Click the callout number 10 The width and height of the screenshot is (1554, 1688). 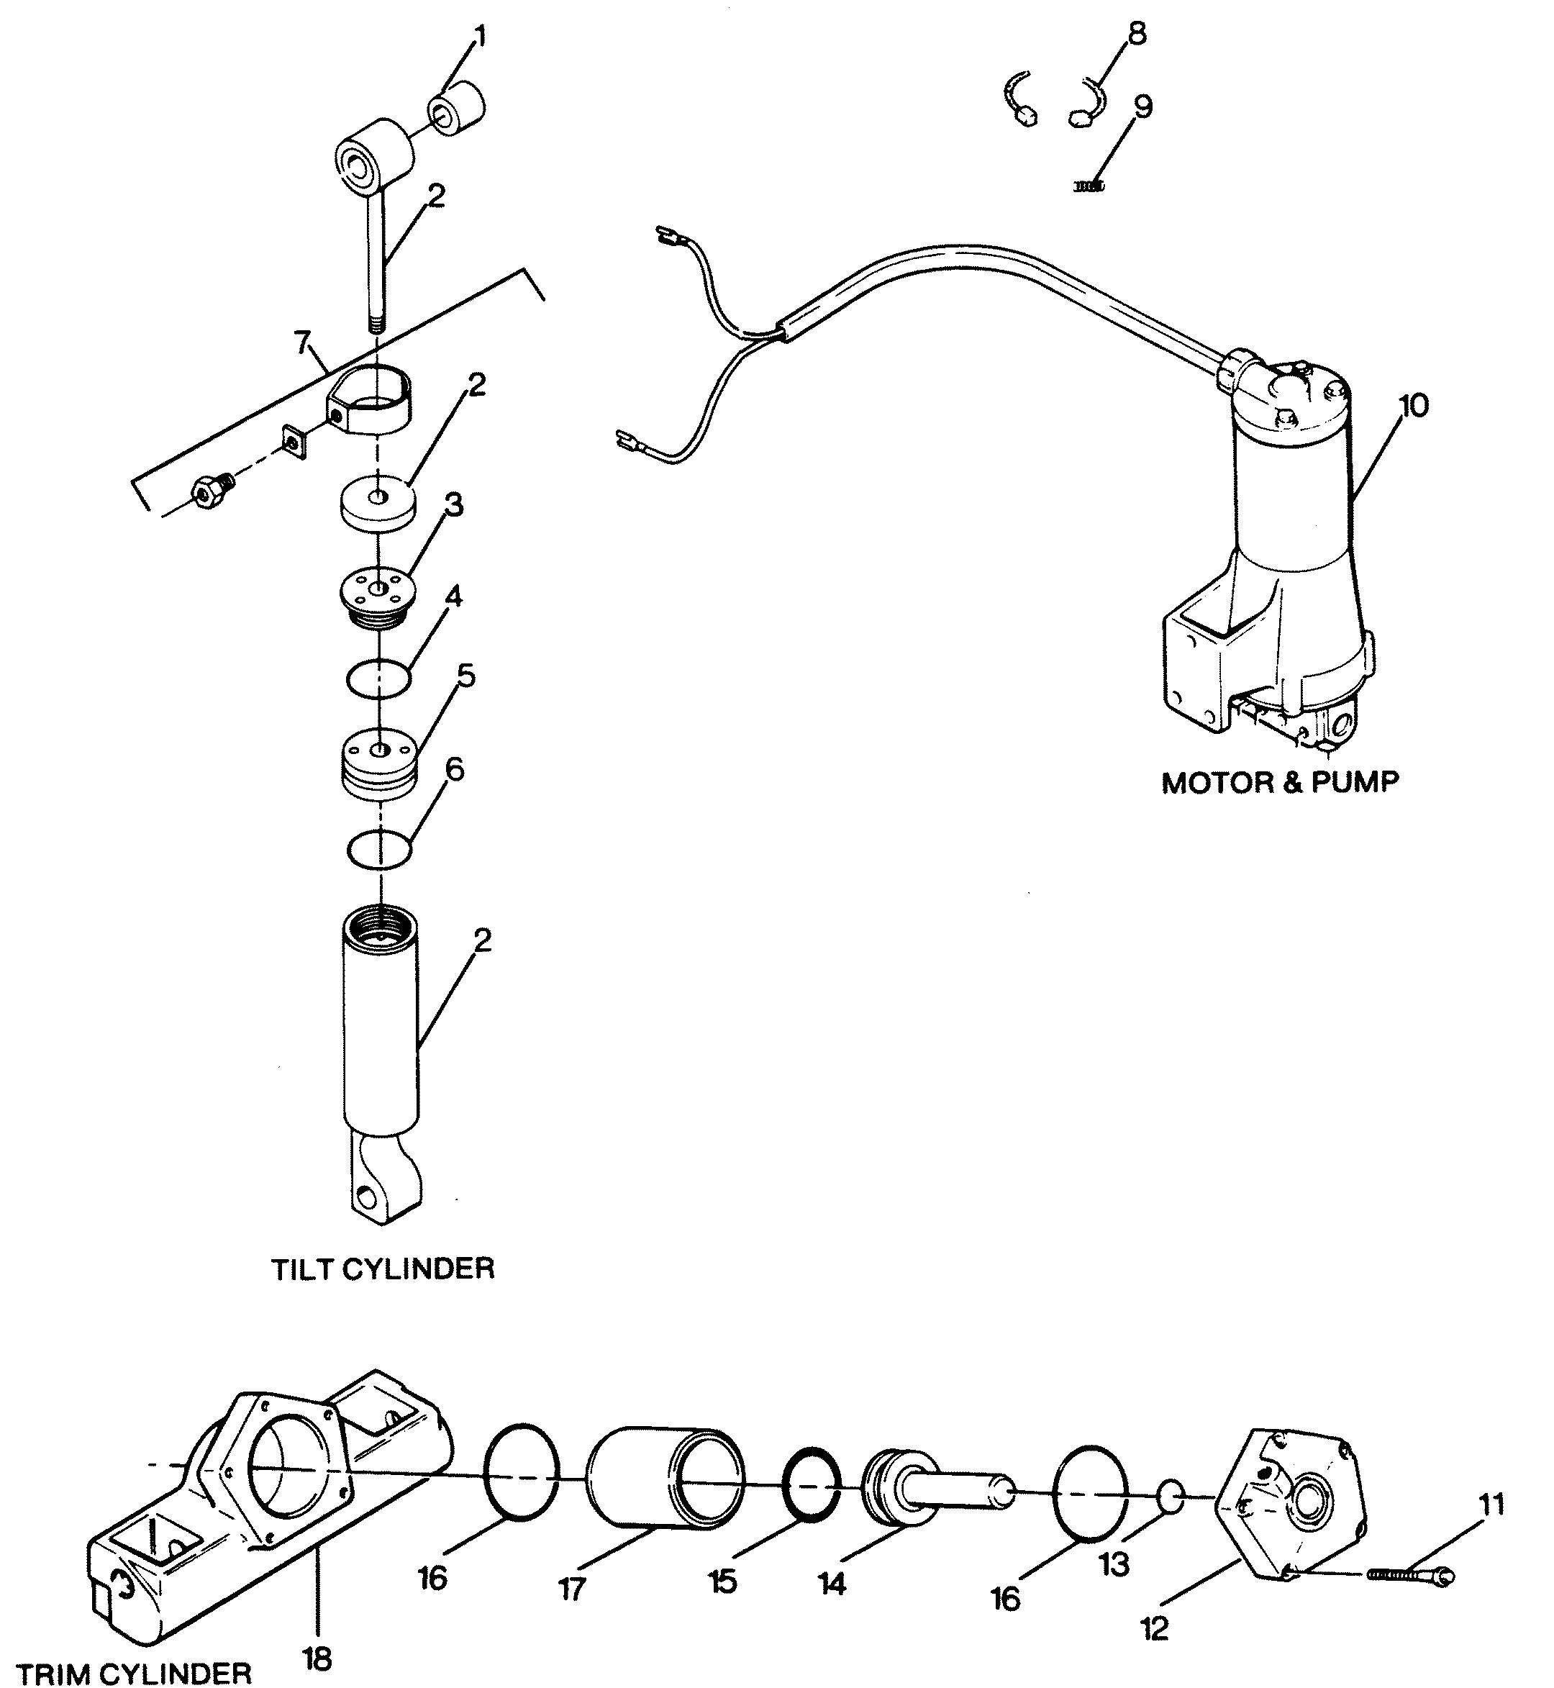point(1414,407)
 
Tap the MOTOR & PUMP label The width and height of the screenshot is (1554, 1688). point(1280,783)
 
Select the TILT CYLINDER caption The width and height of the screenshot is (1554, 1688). point(383,1269)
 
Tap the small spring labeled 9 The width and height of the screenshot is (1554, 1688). point(1089,186)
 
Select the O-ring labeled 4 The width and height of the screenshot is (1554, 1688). point(379,677)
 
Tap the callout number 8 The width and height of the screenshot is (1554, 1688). point(1136,35)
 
